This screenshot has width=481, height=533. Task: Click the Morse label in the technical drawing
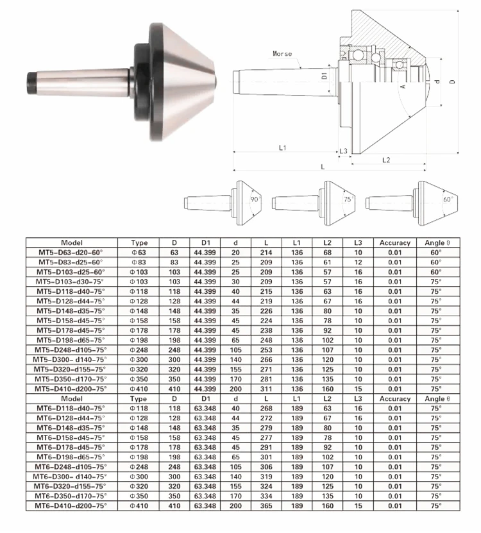282,54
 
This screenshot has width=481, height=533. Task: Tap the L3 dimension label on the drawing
343,151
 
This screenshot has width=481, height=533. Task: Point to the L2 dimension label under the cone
386,160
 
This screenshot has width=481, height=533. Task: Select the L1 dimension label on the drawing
282,148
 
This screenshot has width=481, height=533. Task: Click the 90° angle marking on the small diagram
255,199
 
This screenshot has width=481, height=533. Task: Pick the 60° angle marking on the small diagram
448,199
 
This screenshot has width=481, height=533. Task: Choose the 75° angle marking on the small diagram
348,199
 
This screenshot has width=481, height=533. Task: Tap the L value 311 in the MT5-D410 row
266,389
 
